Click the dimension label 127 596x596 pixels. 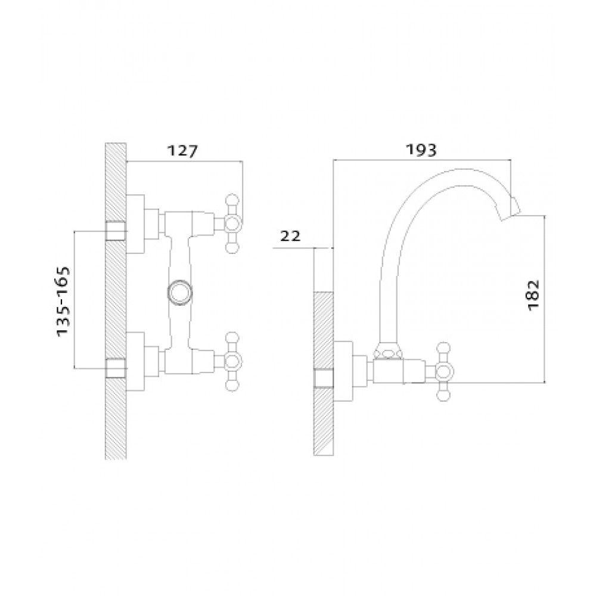[183, 151]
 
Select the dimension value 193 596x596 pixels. [421, 150]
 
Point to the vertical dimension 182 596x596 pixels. [533, 295]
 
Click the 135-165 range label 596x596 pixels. [63, 301]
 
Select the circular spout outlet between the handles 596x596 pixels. [180, 292]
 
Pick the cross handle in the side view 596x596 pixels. [443, 371]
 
